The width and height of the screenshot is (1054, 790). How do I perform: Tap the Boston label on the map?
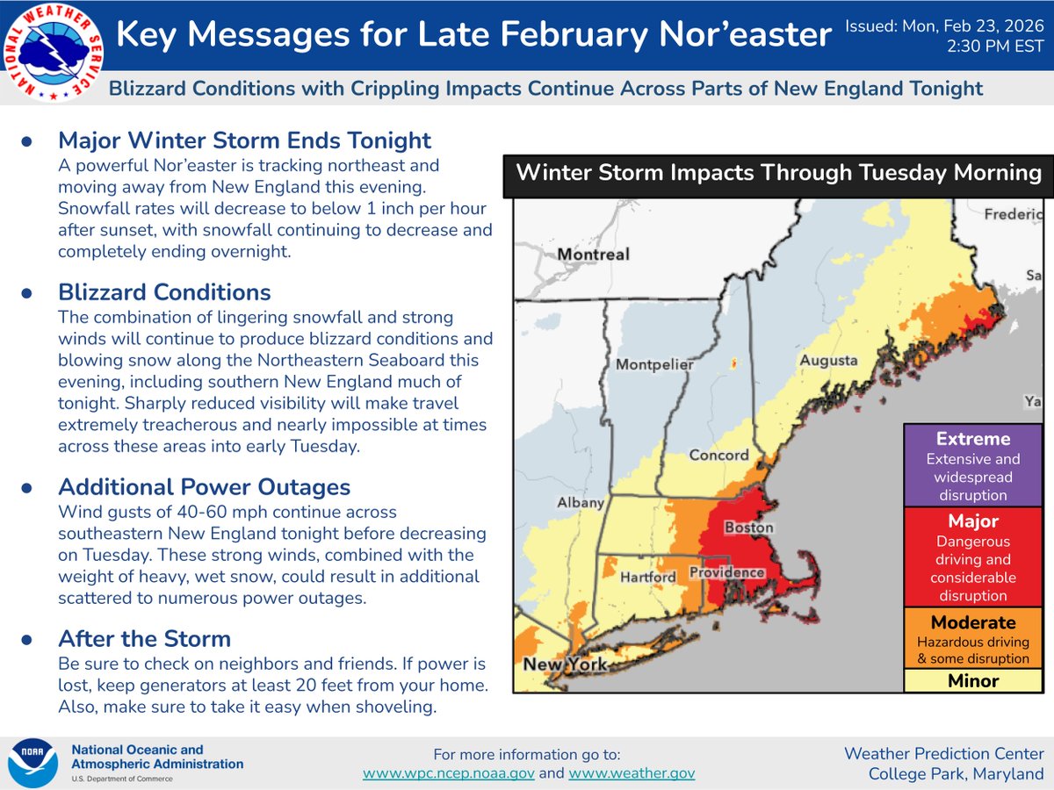tap(748, 528)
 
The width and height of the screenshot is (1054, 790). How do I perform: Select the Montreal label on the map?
tap(593, 254)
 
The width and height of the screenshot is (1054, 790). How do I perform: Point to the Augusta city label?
tap(828, 361)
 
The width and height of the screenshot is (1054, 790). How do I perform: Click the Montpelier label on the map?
tap(654, 364)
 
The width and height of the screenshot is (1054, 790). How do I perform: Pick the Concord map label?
tap(719, 455)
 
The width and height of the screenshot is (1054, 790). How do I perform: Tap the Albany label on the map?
tap(581, 503)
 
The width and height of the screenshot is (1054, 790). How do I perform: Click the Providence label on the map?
tap(726, 572)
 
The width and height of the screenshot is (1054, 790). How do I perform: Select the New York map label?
tap(565, 664)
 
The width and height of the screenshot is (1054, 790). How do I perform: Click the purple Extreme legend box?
tap(973, 466)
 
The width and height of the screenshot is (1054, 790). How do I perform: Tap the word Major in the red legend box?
tap(973, 521)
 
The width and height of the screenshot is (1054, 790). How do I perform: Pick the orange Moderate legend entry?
tap(973, 638)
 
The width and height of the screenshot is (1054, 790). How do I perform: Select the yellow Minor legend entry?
tap(973, 681)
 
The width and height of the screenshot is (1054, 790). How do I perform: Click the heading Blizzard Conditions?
tap(164, 291)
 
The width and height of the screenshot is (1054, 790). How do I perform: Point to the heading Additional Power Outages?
tap(205, 487)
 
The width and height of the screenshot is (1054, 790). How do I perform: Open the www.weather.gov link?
tap(632, 773)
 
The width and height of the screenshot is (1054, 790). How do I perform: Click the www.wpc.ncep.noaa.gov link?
tap(449, 773)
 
